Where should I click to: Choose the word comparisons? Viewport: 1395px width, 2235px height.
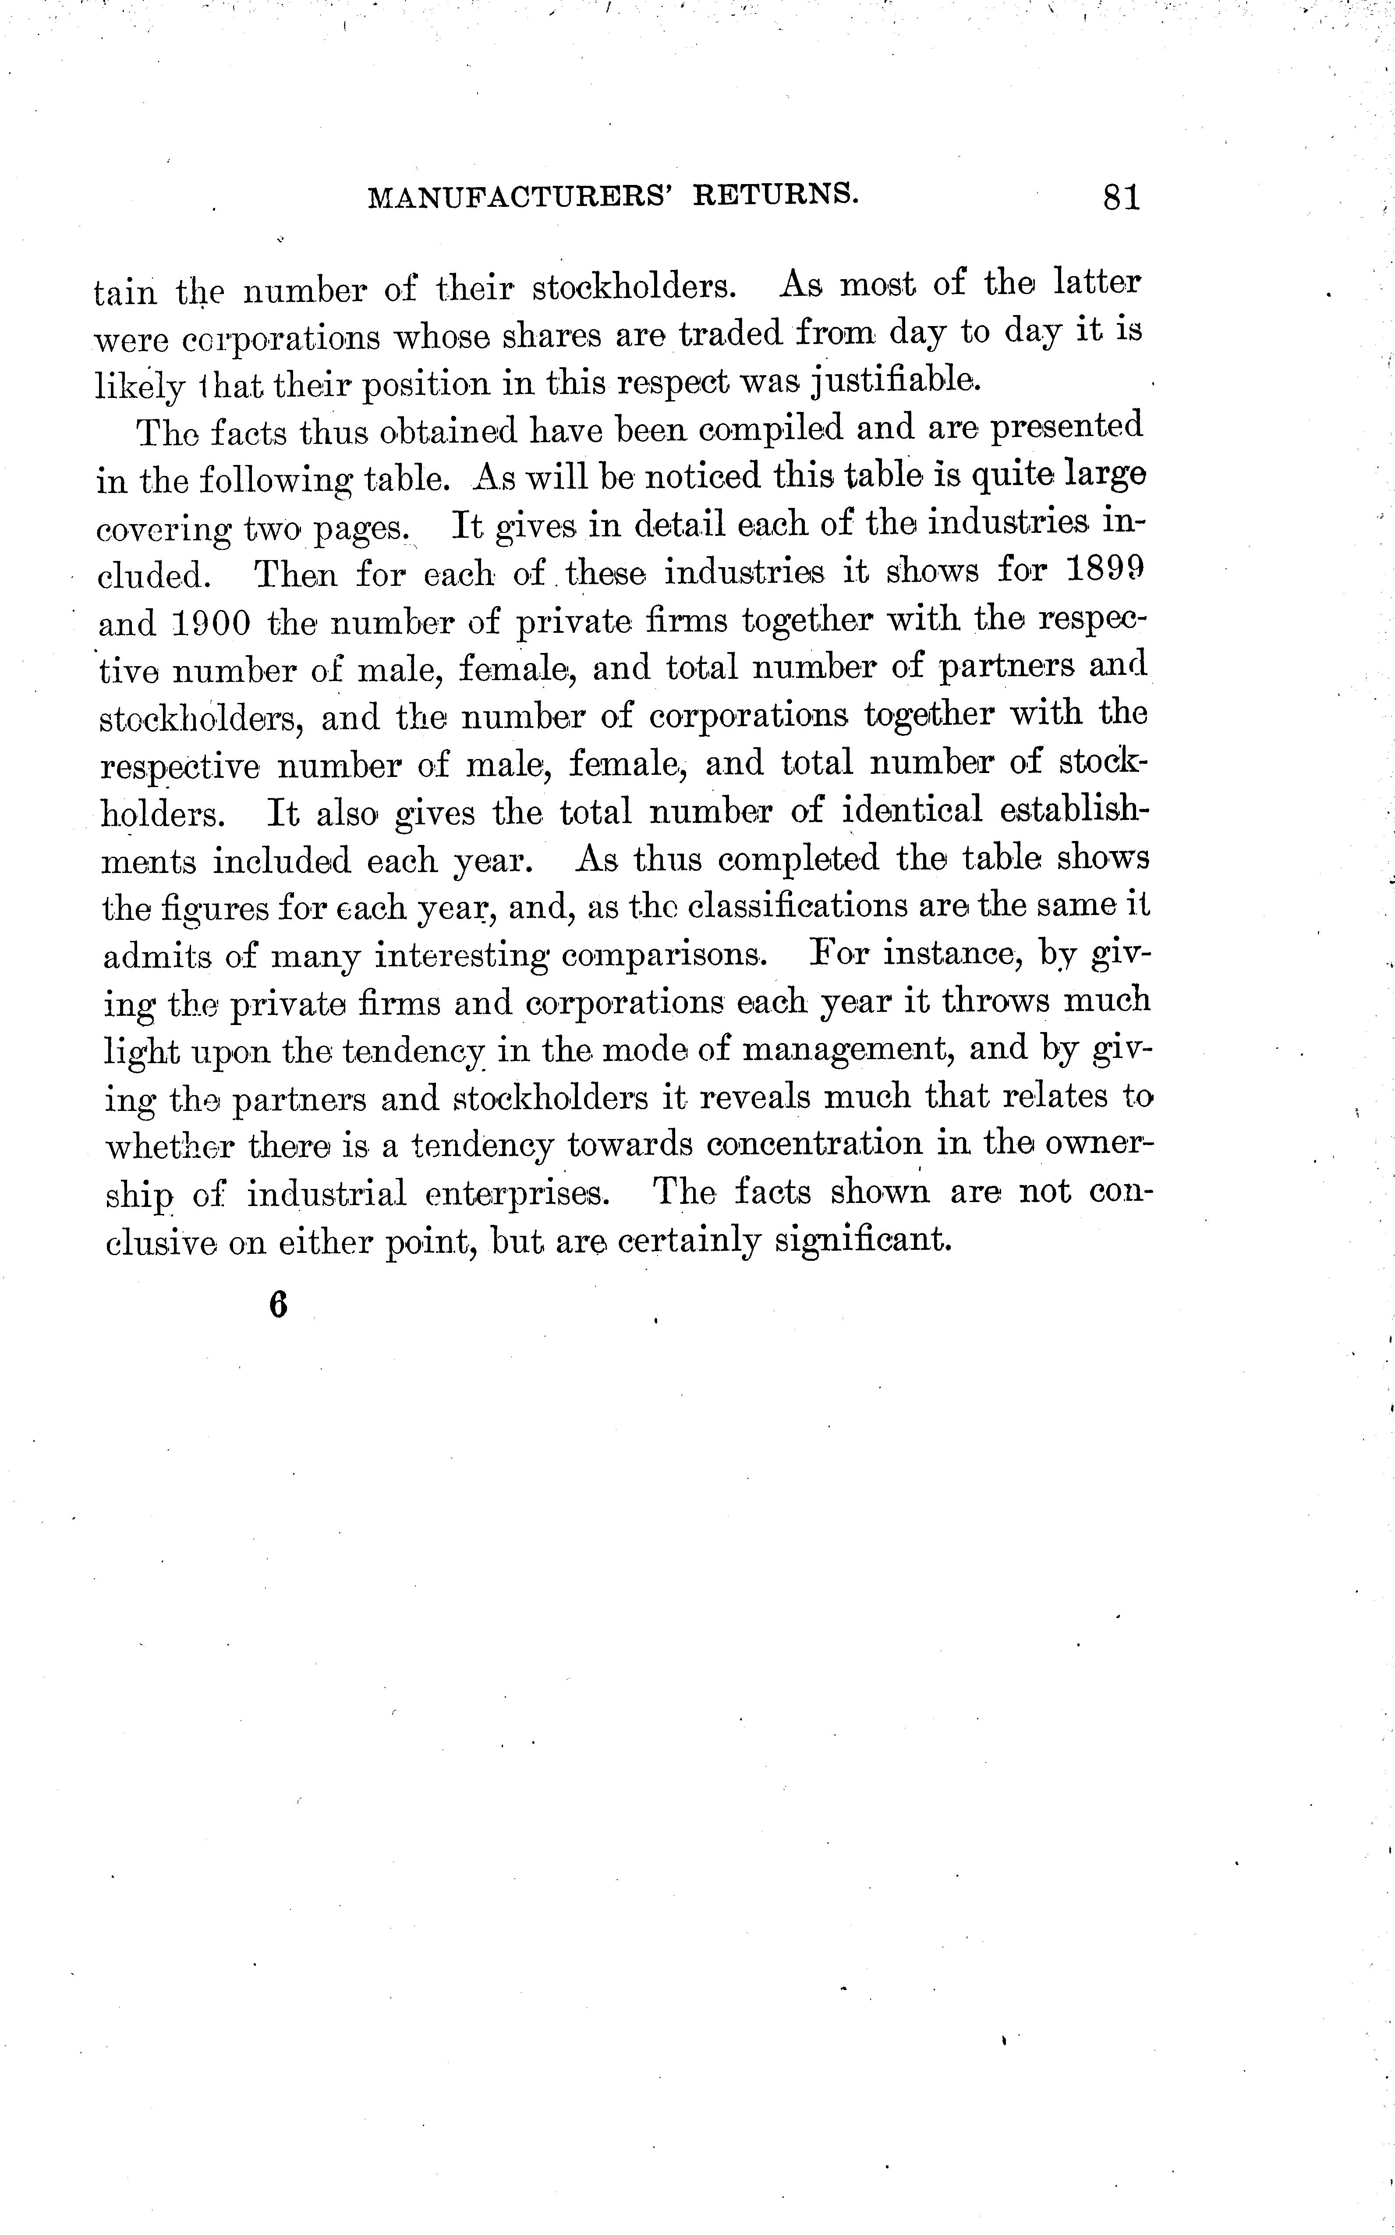(x=663, y=955)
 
